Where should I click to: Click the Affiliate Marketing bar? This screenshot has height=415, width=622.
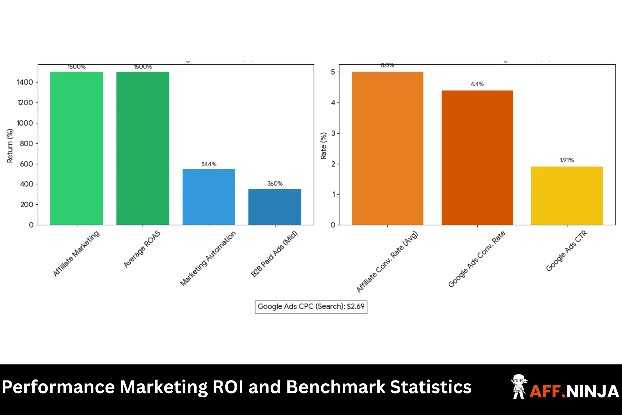[x=76, y=148]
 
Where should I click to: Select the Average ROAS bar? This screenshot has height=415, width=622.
[x=143, y=148]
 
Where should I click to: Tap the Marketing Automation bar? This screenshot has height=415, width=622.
[x=209, y=197]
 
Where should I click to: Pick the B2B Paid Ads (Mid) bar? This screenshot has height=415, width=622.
[x=274, y=207]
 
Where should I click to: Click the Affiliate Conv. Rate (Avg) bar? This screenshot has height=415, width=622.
[x=387, y=148]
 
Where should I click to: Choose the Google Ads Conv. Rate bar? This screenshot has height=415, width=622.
[x=477, y=158]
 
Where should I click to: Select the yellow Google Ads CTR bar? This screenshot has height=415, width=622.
[x=567, y=196]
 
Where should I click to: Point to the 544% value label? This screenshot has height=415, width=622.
[x=209, y=164]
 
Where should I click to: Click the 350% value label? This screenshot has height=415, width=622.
[x=275, y=184]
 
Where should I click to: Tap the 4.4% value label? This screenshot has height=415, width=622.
[x=477, y=84]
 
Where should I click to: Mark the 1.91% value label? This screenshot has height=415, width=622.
[x=567, y=160]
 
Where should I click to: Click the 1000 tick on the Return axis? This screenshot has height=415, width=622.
[x=25, y=123]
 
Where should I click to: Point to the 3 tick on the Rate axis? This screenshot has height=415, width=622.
[x=333, y=133]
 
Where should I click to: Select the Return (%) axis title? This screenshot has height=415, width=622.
[x=10, y=146]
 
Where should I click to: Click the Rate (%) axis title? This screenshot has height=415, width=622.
[x=323, y=146]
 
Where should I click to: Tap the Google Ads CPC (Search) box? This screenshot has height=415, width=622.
[x=311, y=307]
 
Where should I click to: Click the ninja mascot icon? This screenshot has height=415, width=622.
[x=519, y=386]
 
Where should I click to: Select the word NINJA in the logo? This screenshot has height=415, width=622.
[x=593, y=391]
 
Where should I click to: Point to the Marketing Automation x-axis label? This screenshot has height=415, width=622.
[x=208, y=258]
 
